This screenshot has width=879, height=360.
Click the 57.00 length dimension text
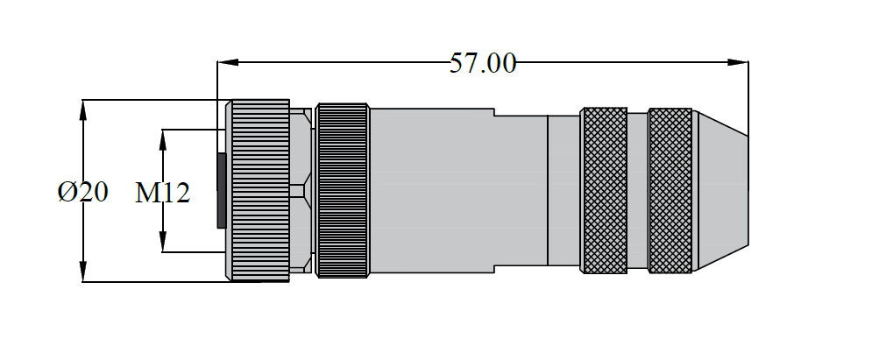click(x=483, y=63)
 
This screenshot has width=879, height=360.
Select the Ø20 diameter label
click(x=83, y=192)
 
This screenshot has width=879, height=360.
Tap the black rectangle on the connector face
click(x=222, y=190)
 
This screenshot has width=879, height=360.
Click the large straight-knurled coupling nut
click(x=259, y=190)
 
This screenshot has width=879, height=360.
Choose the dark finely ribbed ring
click(x=342, y=190)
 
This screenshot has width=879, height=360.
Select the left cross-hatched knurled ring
click(x=605, y=190)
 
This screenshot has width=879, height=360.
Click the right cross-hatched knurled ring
click(x=670, y=190)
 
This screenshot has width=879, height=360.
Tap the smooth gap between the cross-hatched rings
click(x=637, y=190)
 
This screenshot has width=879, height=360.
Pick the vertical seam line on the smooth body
click(x=548, y=190)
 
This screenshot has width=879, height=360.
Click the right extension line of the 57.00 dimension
click(x=748, y=96)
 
